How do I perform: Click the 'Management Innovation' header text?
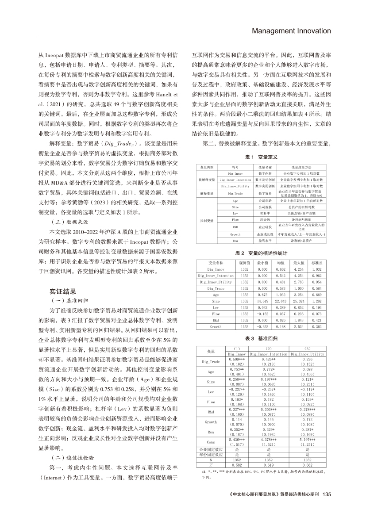tap(291, 31)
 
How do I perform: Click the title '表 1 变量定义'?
tap(261, 157)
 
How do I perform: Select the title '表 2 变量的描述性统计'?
tap(261, 253)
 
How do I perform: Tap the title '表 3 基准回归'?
tap(261, 338)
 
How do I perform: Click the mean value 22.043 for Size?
tap(281, 301)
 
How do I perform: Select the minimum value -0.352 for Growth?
tap(263, 326)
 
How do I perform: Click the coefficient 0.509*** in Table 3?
tap(237, 359)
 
